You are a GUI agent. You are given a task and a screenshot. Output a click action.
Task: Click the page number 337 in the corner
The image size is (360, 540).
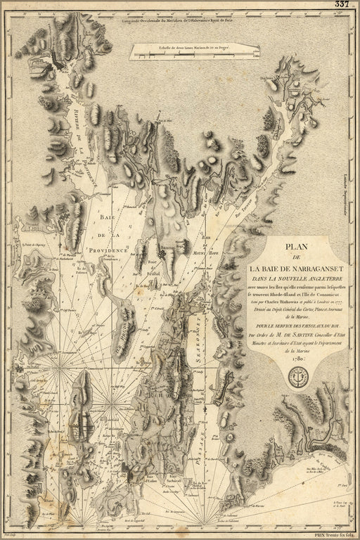point(342,4)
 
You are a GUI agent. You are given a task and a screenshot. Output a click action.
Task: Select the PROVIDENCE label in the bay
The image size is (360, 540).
point(108,250)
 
